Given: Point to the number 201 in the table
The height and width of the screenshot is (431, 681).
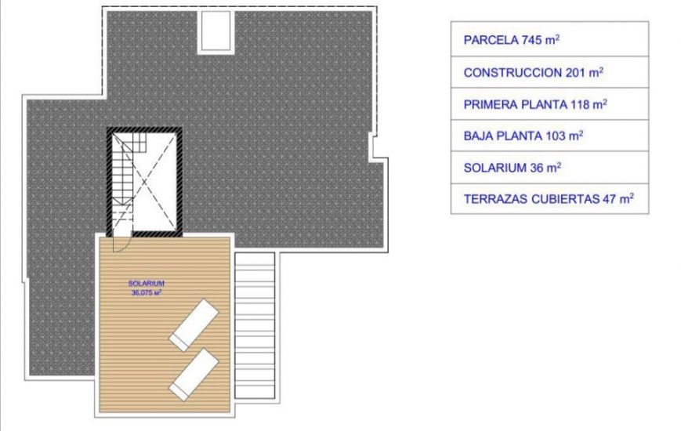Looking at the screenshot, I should pyautogui.click(x=575, y=73).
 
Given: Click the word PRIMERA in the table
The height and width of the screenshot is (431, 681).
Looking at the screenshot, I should pyautogui.click(x=488, y=104).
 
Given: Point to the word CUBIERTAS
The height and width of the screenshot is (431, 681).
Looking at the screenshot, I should pyautogui.click(x=563, y=199).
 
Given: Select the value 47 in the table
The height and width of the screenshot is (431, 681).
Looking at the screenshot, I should pyautogui.click(x=610, y=199).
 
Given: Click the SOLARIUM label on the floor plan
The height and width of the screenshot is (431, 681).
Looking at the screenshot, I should pyautogui.click(x=146, y=284).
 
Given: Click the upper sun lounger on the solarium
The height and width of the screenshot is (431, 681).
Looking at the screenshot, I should pyautogui.click(x=194, y=324).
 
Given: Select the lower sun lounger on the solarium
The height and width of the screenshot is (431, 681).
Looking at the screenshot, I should pyautogui.click(x=194, y=375).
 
